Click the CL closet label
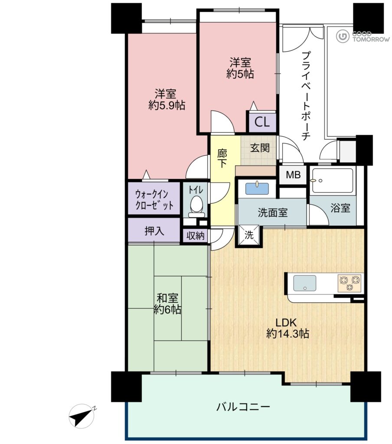pyautogui.click(x=262, y=122)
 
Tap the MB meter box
pyautogui.click(x=293, y=175)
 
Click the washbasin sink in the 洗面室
pyautogui.click(x=257, y=189)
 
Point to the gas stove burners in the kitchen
pyautogui.click(x=350, y=283)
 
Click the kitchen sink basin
pyautogui.click(x=304, y=283)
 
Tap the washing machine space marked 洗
pyautogui.click(x=248, y=235)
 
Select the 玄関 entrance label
pyautogui.click(x=260, y=148)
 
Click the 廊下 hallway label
pyautogui.click(x=222, y=159)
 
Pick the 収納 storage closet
pyautogui.click(x=196, y=235)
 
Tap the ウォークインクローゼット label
pyautogui.click(x=154, y=199)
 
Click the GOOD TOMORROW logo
pyautogui.click(x=363, y=36)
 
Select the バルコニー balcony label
pyautogui.click(x=243, y=407)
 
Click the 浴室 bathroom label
pyautogui.click(x=340, y=208)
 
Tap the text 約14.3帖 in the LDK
pyautogui.click(x=287, y=334)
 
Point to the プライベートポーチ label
pyautogui.click(x=306, y=95)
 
